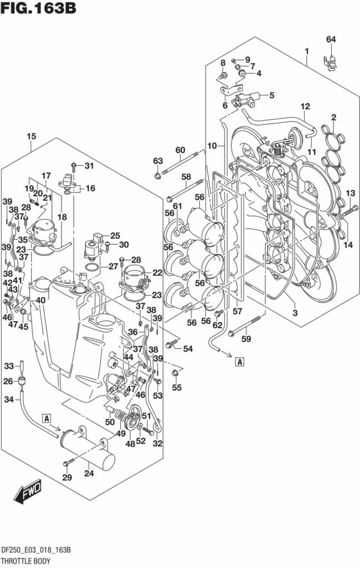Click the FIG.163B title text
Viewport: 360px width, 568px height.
pos(38,9)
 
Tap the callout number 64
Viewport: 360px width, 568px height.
pos(331,39)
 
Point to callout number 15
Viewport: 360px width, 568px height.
pos(31,136)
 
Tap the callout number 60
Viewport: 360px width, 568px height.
pos(180,150)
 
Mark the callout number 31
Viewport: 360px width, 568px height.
pos(90,165)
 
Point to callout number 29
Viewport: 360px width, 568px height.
pos(67,478)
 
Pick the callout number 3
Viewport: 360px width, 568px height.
pos(295,313)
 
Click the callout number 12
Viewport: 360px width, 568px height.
pos(305,106)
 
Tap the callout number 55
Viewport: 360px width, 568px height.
pos(176,387)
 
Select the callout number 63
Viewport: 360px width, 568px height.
pos(158,161)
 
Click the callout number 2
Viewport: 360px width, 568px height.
pos(333,117)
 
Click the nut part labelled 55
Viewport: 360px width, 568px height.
pos(175,373)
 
